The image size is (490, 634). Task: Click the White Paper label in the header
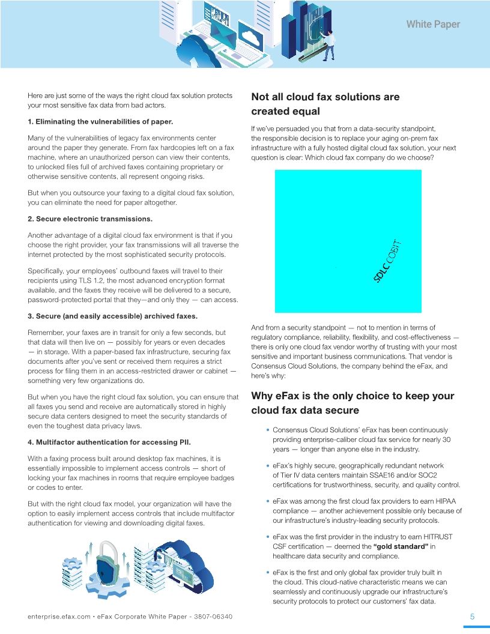(x=433, y=25)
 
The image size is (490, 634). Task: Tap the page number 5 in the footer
(x=472, y=617)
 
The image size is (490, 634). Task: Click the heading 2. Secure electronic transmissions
(x=90, y=219)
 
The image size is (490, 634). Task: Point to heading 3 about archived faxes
(x=112, y=316)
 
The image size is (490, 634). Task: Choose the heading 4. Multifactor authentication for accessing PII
(x=109, y=442)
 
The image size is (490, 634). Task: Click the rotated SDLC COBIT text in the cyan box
(x=387, y=261)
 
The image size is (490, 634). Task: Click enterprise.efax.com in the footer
(x=59, y=617)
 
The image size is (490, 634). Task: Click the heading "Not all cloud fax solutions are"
(x=325, y=97)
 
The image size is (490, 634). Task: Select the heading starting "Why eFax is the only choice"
(x=352, y=396)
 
